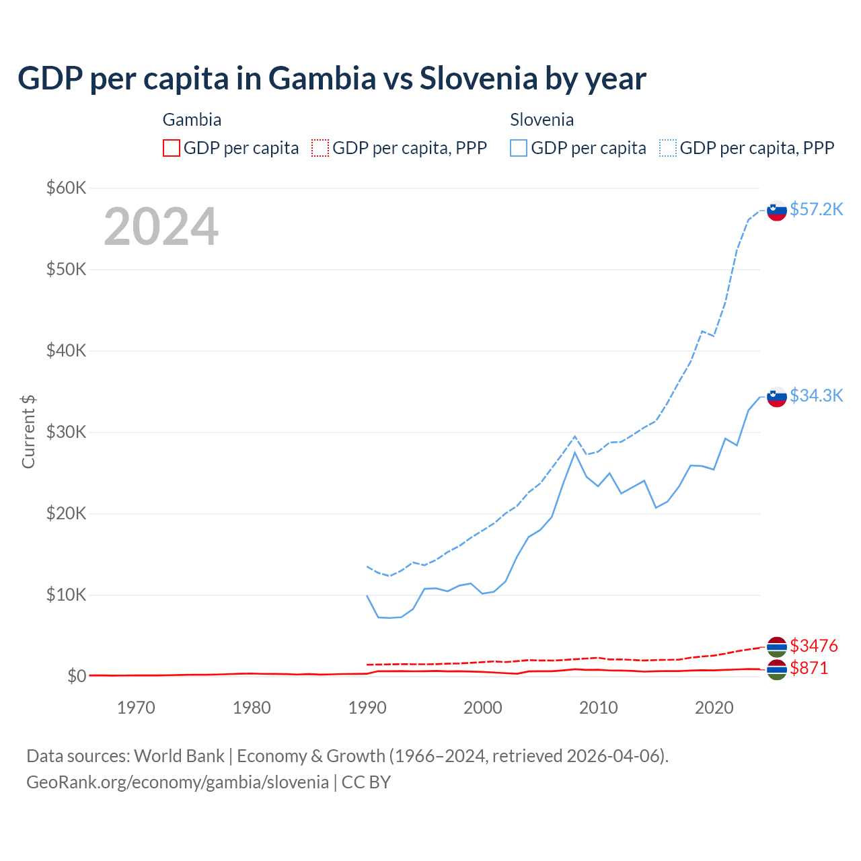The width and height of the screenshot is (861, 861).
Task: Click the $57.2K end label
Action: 816,210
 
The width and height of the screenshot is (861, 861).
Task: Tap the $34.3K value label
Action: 816,396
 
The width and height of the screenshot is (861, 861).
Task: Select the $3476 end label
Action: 813,646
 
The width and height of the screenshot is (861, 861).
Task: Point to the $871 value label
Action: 809,669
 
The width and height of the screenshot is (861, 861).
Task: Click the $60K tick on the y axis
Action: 66,188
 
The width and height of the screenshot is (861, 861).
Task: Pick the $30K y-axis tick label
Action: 66,432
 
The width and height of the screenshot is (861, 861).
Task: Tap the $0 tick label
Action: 77,676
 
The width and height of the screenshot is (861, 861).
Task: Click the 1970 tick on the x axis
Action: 136,708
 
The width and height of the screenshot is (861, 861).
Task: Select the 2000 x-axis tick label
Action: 483,708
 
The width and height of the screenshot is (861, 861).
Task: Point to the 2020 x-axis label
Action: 714,708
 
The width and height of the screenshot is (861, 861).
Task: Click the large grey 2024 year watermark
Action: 161,227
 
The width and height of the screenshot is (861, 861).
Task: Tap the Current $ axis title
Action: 28,432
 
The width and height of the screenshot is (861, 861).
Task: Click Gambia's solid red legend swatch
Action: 172,148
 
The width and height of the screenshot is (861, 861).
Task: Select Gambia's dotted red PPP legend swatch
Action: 320,148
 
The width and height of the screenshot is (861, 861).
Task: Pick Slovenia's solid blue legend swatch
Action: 519,148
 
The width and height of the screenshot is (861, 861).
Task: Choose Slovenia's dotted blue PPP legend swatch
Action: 668,148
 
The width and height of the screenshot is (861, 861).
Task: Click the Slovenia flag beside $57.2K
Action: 777,211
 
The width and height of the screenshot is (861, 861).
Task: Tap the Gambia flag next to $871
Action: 777,669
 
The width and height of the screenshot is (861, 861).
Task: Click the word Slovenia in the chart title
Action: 479,79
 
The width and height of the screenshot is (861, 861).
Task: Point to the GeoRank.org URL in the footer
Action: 178,782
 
